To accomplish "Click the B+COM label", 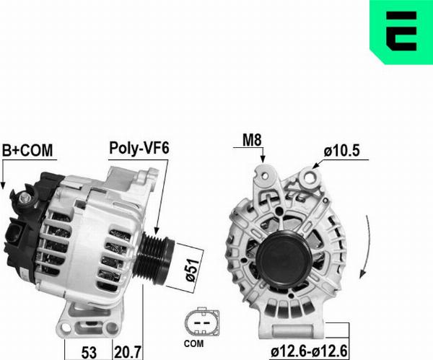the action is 27,151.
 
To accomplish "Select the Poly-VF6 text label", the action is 139,148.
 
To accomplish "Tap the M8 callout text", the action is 252,140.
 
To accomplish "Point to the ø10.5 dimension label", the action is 342,151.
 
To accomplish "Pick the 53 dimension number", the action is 89,353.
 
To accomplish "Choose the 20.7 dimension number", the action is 128,353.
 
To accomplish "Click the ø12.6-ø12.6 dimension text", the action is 309,351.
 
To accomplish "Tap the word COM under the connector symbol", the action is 193,343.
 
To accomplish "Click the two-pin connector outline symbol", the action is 202,322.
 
